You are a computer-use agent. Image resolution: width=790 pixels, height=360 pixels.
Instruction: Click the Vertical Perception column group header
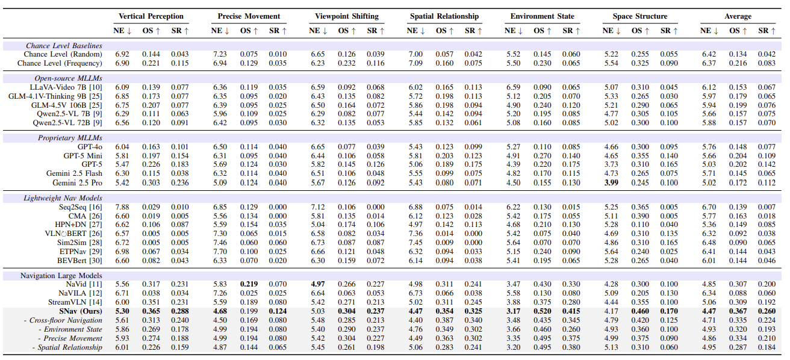151,16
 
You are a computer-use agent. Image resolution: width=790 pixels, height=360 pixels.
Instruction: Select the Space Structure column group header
639,16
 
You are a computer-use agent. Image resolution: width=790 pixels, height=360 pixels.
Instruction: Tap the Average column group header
737,16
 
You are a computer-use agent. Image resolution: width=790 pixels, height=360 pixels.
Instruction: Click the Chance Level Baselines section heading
64,46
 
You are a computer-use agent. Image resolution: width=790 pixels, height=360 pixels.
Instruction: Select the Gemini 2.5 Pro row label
77,182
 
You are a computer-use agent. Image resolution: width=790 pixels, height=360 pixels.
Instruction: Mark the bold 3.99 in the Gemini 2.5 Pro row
611,182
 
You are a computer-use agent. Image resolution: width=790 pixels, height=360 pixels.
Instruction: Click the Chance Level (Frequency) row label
60,63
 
